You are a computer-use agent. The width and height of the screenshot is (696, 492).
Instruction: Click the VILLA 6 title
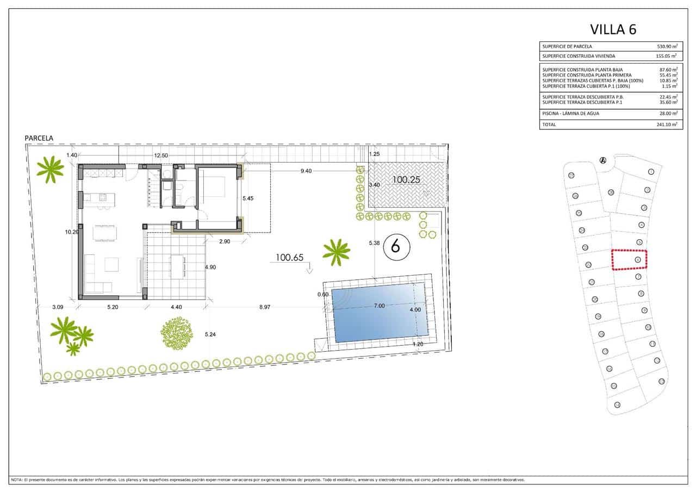pyautogui.click(x=613, y=29)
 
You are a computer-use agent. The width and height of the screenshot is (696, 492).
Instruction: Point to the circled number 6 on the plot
pyautogui.click(x=395, y=247)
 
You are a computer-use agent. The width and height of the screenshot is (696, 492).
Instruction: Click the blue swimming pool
pyautogui.click(x=379, y=315)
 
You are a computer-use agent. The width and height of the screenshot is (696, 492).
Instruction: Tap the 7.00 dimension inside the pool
pyautogui.click(x=379, y=306)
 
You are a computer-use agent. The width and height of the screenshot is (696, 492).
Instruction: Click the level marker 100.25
pyautogui.click(x=407, y=179)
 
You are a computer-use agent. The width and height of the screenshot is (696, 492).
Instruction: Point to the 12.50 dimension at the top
pyautogui.click(x=160, y=155)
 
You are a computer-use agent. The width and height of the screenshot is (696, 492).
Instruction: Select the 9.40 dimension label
pyautogui.click(x=306, y=171)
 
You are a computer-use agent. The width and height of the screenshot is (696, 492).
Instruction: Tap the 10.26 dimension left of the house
pyautogui.click(x=72, y=232)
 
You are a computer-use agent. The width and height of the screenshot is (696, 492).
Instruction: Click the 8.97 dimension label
pyautogui.click(x=264, y=307)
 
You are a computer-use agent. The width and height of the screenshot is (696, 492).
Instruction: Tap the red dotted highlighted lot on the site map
pyautogui.click(x=630, y=259)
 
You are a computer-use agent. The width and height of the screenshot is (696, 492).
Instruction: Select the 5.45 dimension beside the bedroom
pyautogui.click(x=247, y=198)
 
